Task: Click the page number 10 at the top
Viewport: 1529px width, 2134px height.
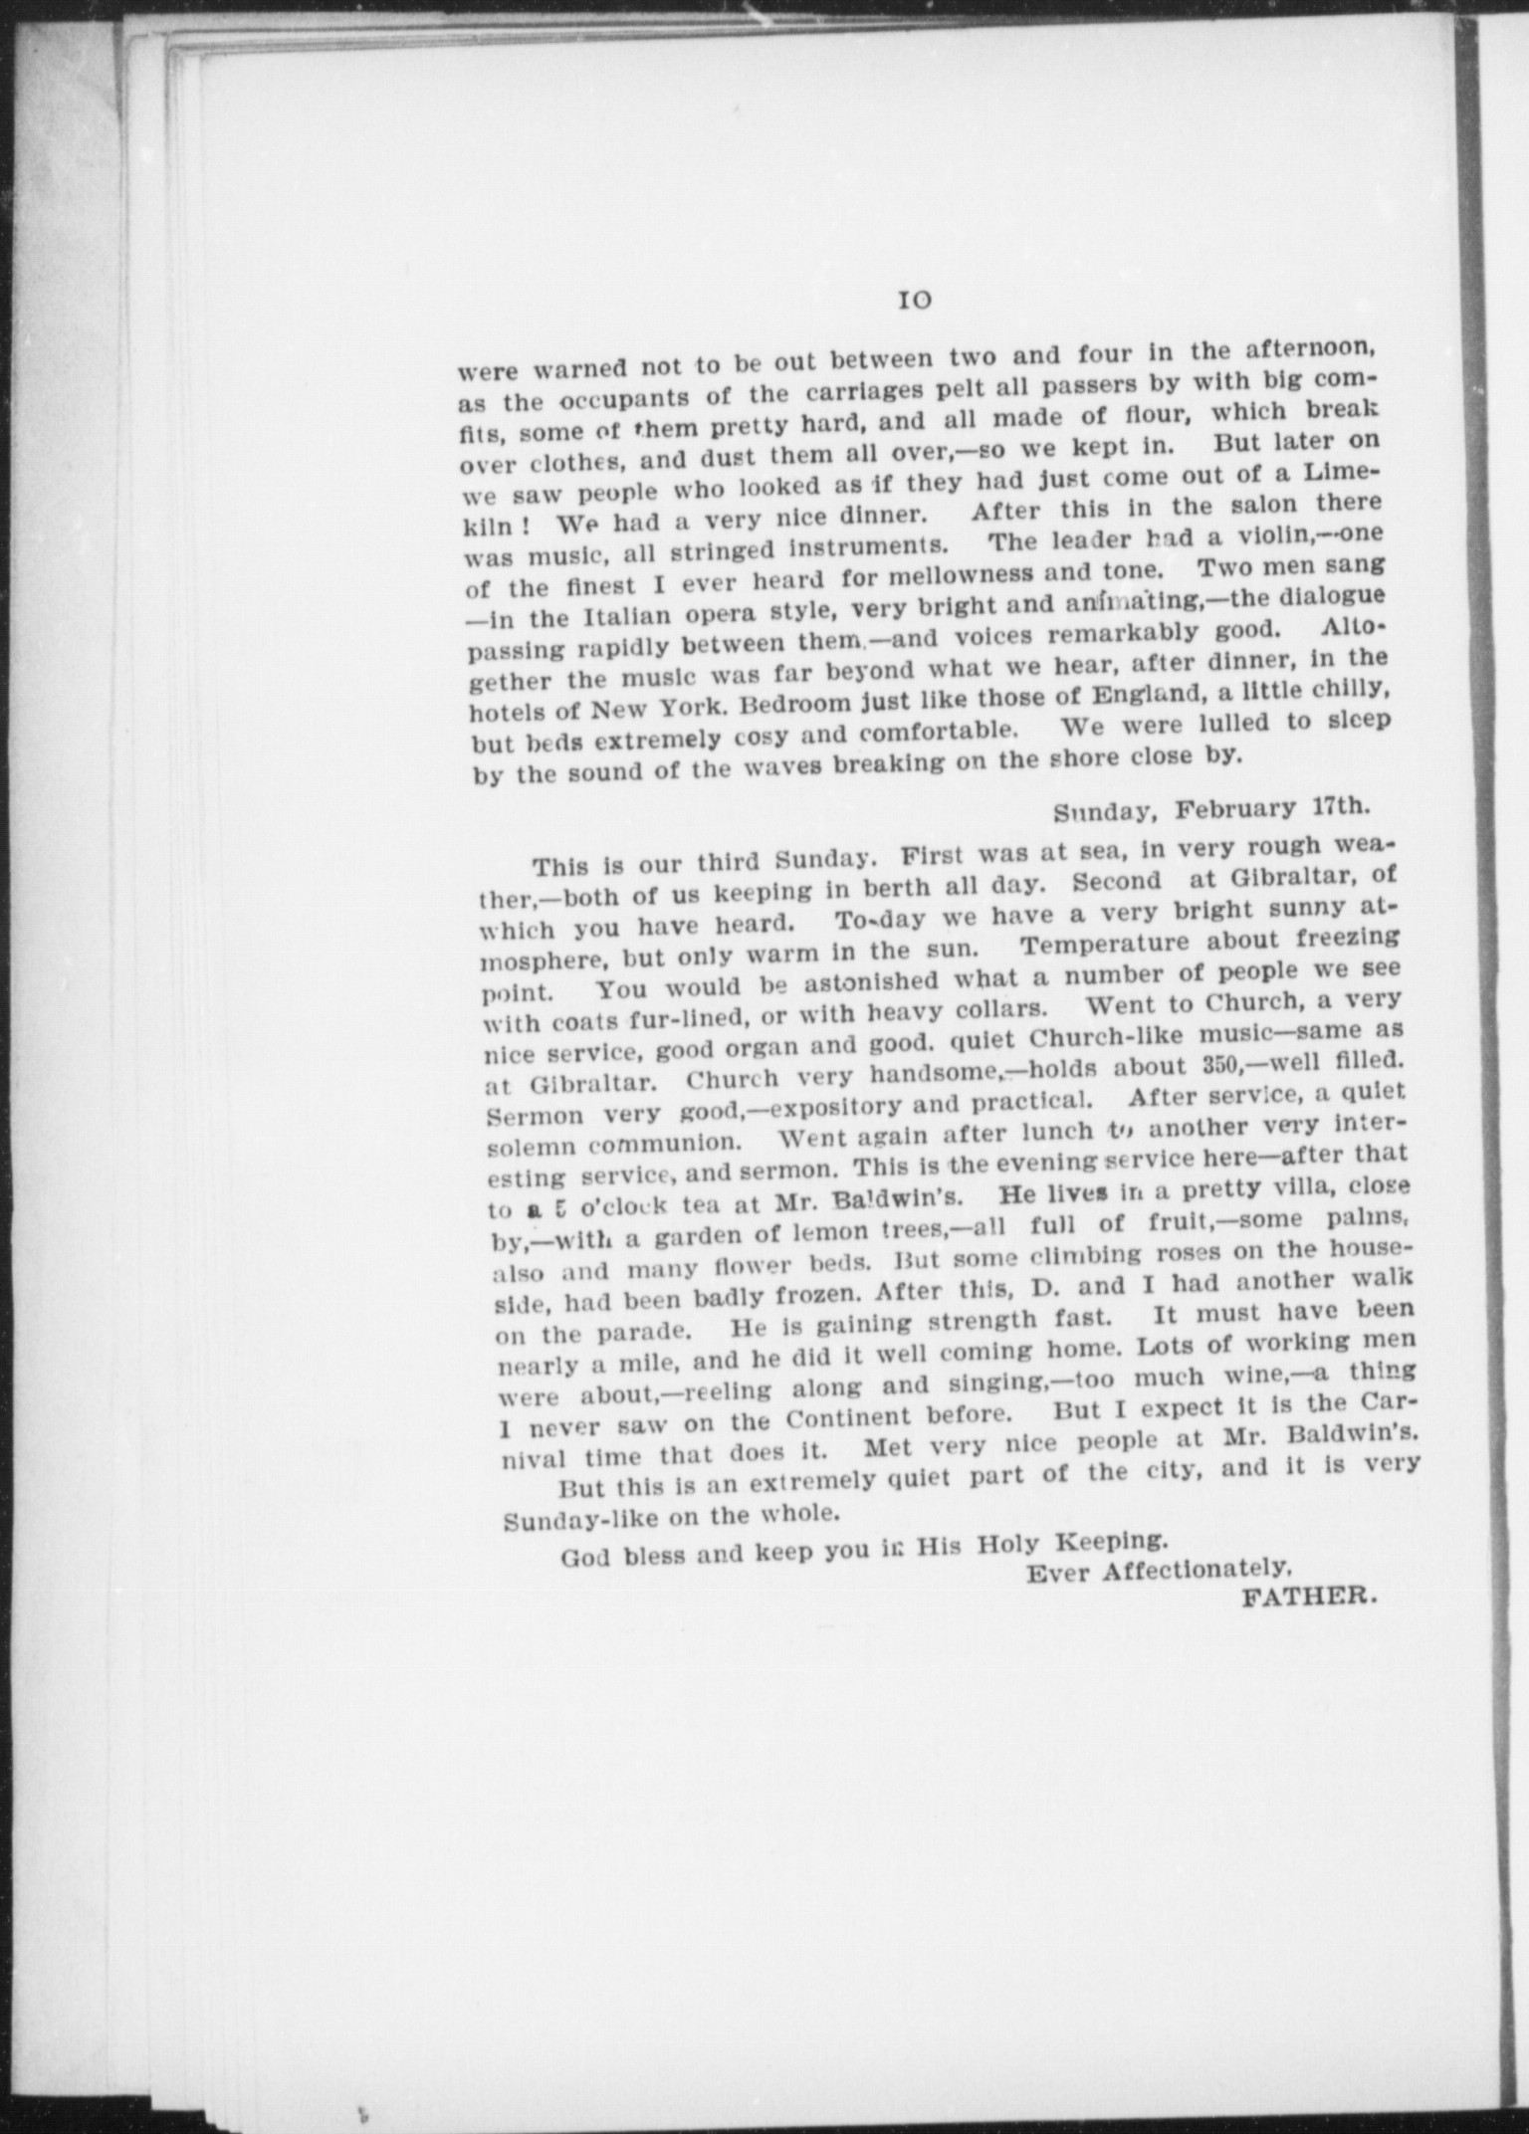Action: pyautogui.click(x=914, y=298)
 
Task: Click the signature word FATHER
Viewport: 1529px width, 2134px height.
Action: pyautogui.click(x=1309, y=1597)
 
